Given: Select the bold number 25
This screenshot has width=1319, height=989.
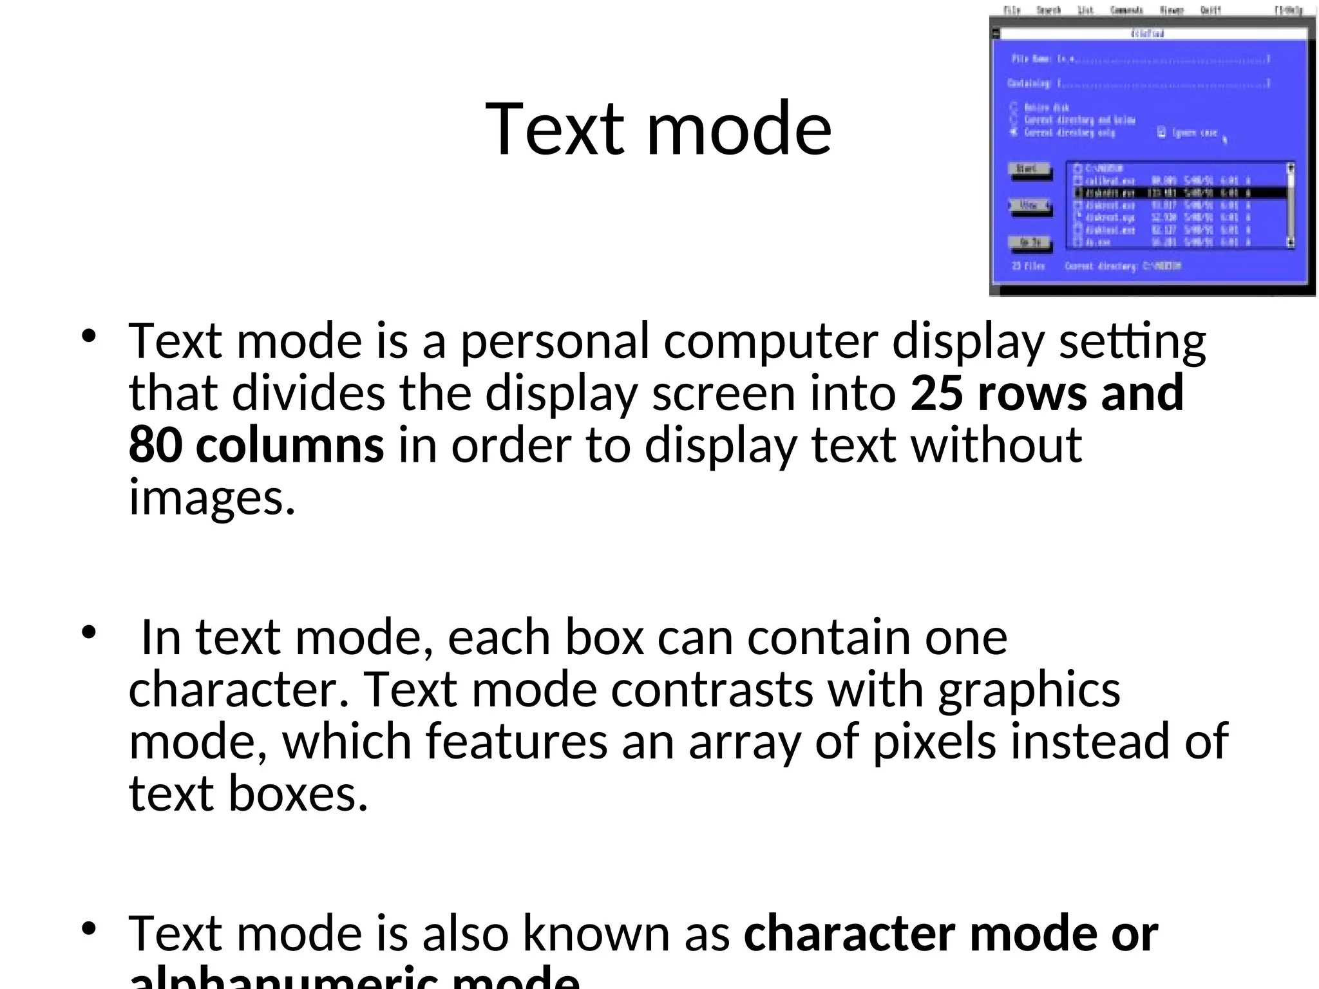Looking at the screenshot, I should tap(936, 393).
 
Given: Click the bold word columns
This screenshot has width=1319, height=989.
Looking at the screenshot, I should tap(290, 445).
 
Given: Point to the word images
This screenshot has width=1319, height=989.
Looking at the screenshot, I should tap(212, 498).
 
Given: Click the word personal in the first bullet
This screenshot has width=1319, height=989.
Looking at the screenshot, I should tap(554, 341).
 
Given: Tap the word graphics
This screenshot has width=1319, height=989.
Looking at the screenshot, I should tap(1029, 690).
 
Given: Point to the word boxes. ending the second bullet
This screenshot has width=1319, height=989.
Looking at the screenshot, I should tap(298, 793).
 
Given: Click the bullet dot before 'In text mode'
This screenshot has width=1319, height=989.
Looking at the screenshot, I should tap(89, 632).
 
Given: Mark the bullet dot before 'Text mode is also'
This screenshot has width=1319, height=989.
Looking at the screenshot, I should tap(89, 928).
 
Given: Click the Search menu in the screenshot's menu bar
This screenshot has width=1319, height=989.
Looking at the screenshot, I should tap(1049, 10).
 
